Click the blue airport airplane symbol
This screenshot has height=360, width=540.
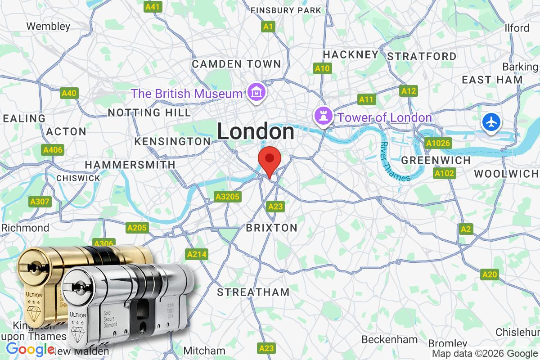492,122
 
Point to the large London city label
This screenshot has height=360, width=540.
256,132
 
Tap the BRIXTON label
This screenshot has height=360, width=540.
271,228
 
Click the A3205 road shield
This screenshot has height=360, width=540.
228,197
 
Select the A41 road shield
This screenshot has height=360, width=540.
153,7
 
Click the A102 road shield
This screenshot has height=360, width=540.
445,173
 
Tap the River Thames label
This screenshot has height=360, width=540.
395,162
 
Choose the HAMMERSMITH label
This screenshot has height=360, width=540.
130,165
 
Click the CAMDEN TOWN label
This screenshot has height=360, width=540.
236,64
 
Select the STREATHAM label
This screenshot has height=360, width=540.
253,292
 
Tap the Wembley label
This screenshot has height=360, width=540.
49,26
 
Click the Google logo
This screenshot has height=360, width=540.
30,349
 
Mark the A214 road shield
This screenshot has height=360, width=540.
197,255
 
